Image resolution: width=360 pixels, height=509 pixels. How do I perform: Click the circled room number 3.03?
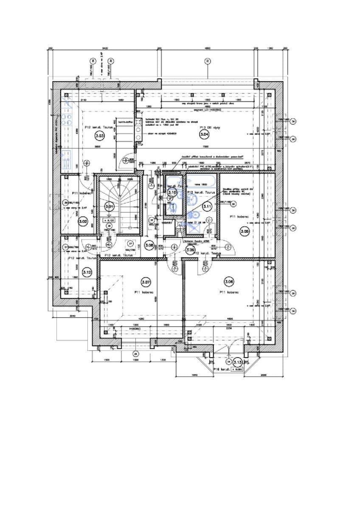click(x=99, y=136)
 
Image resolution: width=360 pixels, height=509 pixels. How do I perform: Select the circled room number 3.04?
click(x=204, y=134)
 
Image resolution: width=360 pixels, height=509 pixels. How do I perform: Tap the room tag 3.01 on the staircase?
click(x=110, y=207)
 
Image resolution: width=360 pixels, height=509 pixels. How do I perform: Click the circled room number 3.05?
click(x=245, y=232)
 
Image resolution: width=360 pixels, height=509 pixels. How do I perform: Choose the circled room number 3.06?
click(x=229, y=281)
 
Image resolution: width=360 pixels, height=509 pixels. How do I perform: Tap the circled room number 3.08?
click(x=149, y=245)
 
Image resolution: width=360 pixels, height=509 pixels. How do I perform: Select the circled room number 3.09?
click(x=190, y=250)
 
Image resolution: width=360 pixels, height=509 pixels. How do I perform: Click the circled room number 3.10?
click(x=172, y=193)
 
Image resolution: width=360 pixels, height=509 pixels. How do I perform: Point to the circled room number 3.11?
click(x=207, y=207)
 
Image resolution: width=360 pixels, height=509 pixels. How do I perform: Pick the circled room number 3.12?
click(x=87, y=272)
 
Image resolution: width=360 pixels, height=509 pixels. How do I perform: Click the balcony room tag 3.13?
click(x=237, y=362)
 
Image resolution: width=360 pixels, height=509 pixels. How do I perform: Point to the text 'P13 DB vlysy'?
click(x=209, y=127)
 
